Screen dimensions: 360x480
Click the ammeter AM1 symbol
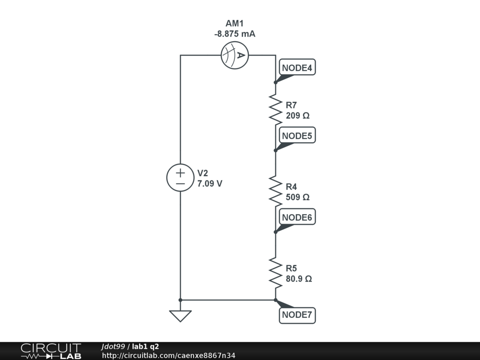(234, 55)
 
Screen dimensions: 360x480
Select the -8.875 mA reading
(235, 34)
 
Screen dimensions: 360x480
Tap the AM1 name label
(235, 23)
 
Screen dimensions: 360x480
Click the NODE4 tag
(297, 68)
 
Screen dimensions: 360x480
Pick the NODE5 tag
(297, 136)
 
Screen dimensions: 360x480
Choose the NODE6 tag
(297, 217)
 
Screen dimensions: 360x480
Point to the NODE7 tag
(297, 315)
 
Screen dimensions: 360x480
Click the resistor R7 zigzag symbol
(276, 109)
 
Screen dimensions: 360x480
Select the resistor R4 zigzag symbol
(276, 191)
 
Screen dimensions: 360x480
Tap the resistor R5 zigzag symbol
(276, 272)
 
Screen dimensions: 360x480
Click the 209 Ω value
(298, 115)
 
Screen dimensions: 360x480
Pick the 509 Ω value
(298, 197)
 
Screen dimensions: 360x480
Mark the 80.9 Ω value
(299, 279)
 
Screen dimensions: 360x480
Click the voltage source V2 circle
(180, 178)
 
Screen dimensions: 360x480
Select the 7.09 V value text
(210, 184)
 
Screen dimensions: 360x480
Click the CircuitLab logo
(51, 351)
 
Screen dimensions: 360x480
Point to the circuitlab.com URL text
(169, 355)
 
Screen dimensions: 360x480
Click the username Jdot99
(113, 346)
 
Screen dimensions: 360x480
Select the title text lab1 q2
(145, 346)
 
